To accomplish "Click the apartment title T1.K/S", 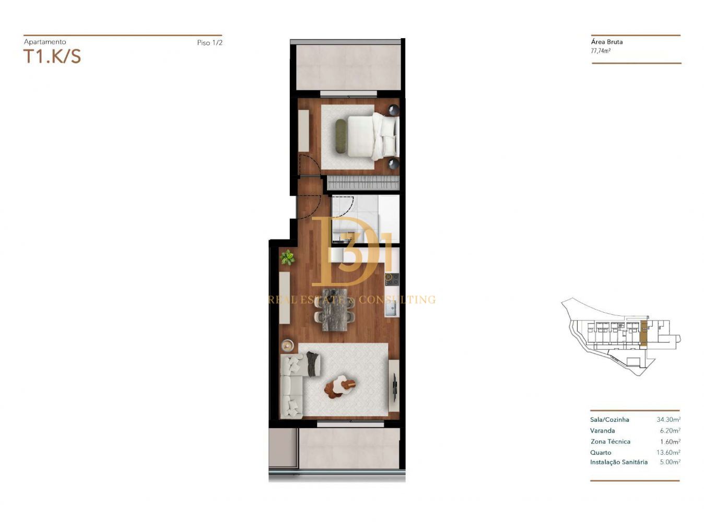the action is point(52,56).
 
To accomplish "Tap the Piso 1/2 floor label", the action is point(209,42).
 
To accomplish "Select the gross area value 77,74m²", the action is point(601,51).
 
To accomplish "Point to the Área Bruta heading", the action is point(606,42).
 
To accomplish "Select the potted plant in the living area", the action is point(288,257).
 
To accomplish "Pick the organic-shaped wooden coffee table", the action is point(340,386).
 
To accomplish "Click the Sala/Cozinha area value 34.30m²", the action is point(668,419).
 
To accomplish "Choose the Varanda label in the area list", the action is point(603,431).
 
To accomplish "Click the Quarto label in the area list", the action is point(601,453).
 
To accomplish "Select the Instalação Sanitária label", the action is point(619,462).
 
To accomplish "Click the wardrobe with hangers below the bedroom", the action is point(363,183).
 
